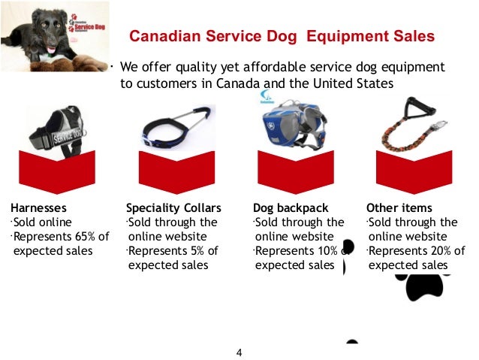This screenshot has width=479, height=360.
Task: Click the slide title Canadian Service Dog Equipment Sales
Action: click(282, 36)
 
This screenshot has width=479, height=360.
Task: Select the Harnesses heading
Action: click(38, 207)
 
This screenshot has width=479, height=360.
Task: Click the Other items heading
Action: click(398, 207)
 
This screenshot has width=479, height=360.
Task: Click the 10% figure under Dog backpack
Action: click(326, 251)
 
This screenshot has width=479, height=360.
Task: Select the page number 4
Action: click(239, 352)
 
